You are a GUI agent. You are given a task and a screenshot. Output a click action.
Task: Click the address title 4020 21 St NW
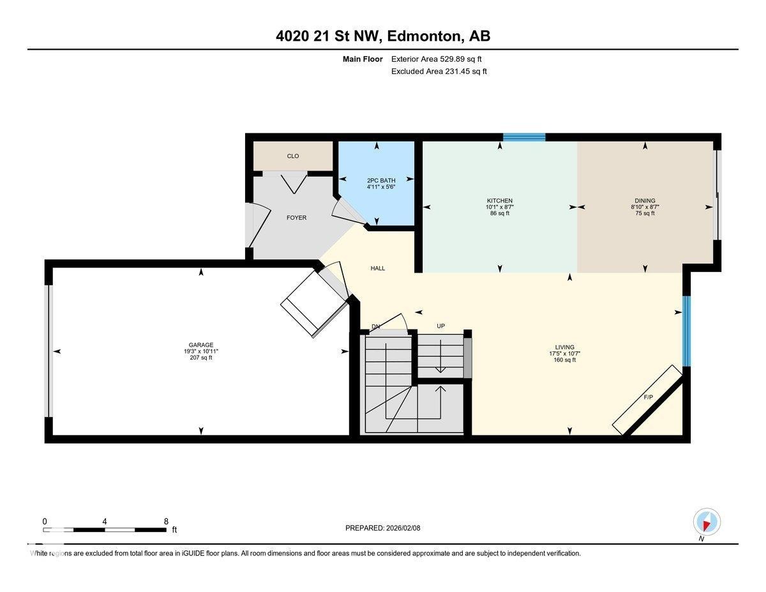pyautogui.click(x=383, y=36)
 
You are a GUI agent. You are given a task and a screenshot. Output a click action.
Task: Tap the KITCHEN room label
pyautogui.click(x=499, y=201)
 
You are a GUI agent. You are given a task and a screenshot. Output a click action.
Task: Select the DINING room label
pyautogui.click(x=644, y=201)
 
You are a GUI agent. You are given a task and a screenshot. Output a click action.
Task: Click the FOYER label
pyautogui.click(x=296, y=218)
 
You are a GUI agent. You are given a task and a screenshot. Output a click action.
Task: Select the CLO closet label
pyautogui.click(x=293, y=156)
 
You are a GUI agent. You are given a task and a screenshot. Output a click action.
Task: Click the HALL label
pyautogui.click(x=378, y=268)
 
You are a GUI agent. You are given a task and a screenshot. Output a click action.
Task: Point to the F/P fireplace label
pyautogui.click(x=648, y=397)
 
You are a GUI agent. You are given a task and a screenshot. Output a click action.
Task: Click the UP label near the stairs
pyautogui.click(x=440, y=326)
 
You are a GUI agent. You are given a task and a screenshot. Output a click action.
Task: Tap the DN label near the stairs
pyautogui.click(x=376, y=326)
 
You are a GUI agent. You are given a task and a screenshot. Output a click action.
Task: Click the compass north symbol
pyautogui.click(x=707, y=522)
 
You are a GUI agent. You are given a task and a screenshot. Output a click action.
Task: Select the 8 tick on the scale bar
pyautogui.click(x=166, y=521)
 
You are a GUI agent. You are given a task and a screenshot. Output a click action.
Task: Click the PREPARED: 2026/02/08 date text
pyautogui.click(x=383, y=528)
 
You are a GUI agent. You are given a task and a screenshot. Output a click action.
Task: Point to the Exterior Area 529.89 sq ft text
pyautogui.click(x=437, y=59)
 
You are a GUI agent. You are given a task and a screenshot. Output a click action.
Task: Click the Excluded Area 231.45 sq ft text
pyautogui.click(x=439, y=72)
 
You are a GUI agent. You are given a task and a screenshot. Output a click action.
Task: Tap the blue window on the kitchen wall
pyautogui.click(x=524, y=137)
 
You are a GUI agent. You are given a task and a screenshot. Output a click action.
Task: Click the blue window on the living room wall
pyautogui.click(x=687, y=331)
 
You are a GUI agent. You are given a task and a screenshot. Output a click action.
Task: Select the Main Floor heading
pyautogui.click(x=362, y=59)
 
